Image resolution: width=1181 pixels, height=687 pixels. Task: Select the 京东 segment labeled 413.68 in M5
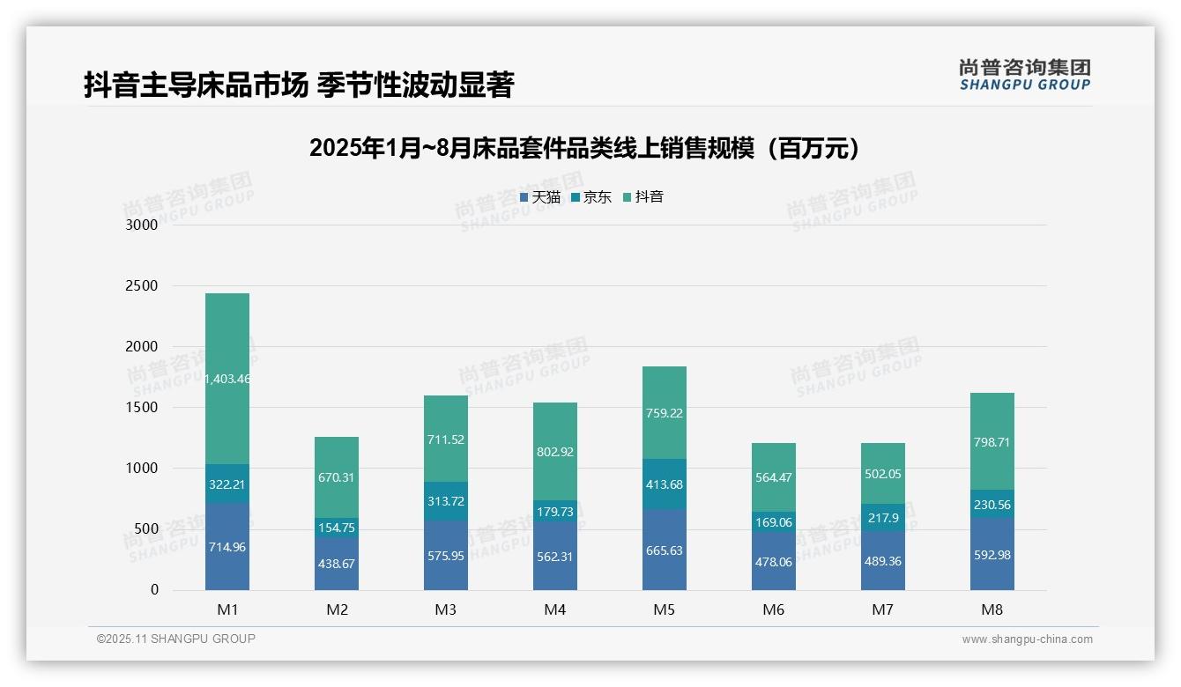coord(665,484)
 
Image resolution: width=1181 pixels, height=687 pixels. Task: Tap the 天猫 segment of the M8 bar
coord(992,554)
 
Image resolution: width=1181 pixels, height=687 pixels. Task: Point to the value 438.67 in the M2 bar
coord(337,564)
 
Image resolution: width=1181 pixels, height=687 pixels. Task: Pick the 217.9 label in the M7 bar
coord(883,519)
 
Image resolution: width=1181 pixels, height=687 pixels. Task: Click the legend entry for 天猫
coord(540,197)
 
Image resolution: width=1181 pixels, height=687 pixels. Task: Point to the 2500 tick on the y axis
coord(140,286)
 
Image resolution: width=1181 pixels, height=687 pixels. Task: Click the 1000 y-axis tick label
coord(140,469)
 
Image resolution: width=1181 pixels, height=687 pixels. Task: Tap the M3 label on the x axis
coord(446,609)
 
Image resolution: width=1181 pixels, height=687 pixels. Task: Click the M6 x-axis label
coord(774,609)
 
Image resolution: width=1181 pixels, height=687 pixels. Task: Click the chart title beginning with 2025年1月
coord(584,148)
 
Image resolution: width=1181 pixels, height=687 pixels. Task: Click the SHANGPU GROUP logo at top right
coord(1024,75)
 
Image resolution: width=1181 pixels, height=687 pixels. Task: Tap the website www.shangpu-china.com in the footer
coord(1027,639)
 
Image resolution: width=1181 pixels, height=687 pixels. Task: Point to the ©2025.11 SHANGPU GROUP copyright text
coord(176,639)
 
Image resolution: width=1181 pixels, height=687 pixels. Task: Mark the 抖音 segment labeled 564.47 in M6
coord(774,478)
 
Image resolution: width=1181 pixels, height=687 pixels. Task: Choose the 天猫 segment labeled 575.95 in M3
coord(446,556)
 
